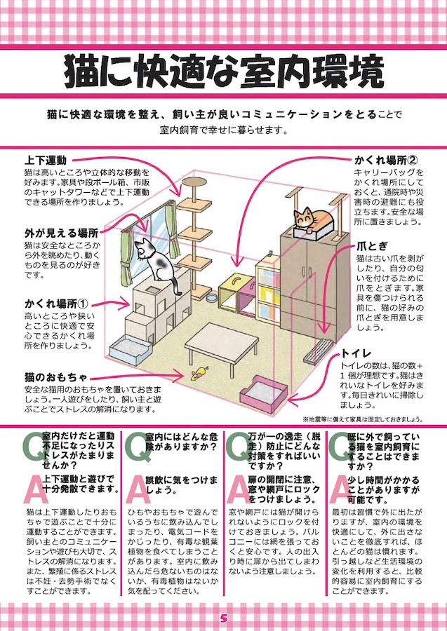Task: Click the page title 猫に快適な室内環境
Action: click(223, 72)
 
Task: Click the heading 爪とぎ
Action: click(372, 246)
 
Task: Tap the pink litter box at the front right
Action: click(264, 391)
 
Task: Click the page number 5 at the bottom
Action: click(223, 618)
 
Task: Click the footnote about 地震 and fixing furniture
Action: click(361, 419)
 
